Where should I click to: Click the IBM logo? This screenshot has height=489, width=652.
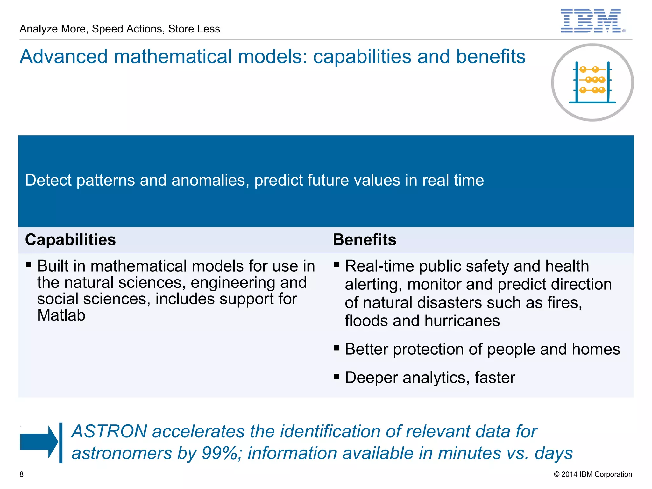[x=591, y=21]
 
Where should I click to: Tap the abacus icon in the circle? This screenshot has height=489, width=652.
[x=592, y=82]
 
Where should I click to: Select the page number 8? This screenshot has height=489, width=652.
[x=22, y=474]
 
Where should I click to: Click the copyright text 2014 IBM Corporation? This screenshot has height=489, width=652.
[x=593, y=474]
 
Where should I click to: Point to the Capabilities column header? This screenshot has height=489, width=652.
[x=70, y=240]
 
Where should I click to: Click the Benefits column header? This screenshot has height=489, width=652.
[x=365, y=240]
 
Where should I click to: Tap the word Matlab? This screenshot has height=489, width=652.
[x=61, y=315]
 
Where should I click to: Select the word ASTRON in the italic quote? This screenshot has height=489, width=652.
[x=109, y=432]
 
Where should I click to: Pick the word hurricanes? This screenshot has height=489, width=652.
[x=462, y=321]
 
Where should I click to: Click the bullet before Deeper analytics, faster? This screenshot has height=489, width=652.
[x=337, y=377]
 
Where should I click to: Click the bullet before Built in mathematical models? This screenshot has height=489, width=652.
[x=29, y=265]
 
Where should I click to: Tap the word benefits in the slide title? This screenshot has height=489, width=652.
[x=491, y=57]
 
